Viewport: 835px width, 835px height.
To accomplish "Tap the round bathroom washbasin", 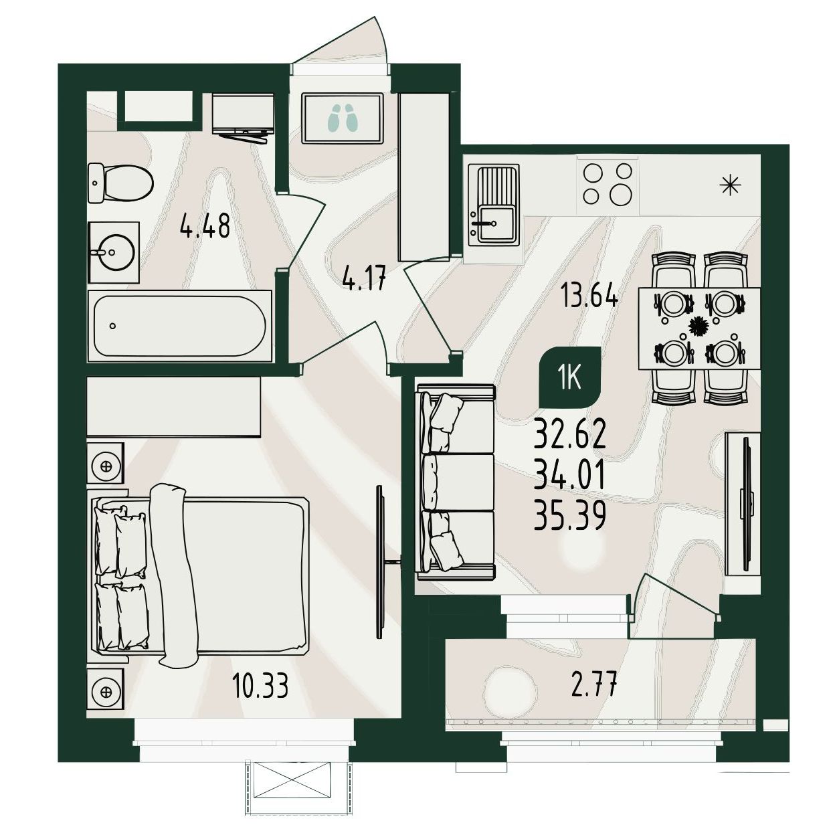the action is click(x=112, y=252).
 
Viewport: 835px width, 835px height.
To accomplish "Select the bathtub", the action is click(x=179, y=325).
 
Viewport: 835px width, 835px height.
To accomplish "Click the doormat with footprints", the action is click(x=343, y=118).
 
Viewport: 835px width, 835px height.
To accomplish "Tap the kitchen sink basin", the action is click(x=496, y=223).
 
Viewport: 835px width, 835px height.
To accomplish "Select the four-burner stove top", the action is click(x=608, y=184).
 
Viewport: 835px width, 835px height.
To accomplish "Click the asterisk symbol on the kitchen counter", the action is click(x=731, y=185).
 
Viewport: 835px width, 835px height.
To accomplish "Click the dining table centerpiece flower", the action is click(x=698, y=325).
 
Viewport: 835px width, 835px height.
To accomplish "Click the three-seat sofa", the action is click(x=456, y=482).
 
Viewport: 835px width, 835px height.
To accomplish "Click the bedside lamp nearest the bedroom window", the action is click(x=105, y=691).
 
